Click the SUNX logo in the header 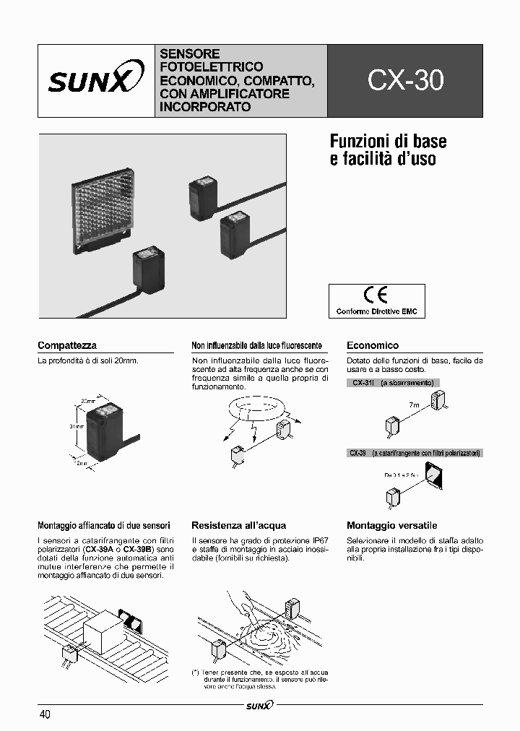[x=90, y=81]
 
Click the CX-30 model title [x=405, y=81]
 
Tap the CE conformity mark [x=376, y=295]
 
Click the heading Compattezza [x=67, y=345]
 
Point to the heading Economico [x=373, y=345]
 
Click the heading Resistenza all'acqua [x=238, y=525]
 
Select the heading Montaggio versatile [x=392, y=525]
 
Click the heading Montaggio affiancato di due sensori [x=104, y=525]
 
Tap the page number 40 [x=45, y=714]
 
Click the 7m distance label [x=414, y=406]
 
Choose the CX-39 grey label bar [x=415, y=453]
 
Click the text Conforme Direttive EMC [x=376, y=311]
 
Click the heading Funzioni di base [x=388, y=140]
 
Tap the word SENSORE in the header [x=189, y=54]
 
